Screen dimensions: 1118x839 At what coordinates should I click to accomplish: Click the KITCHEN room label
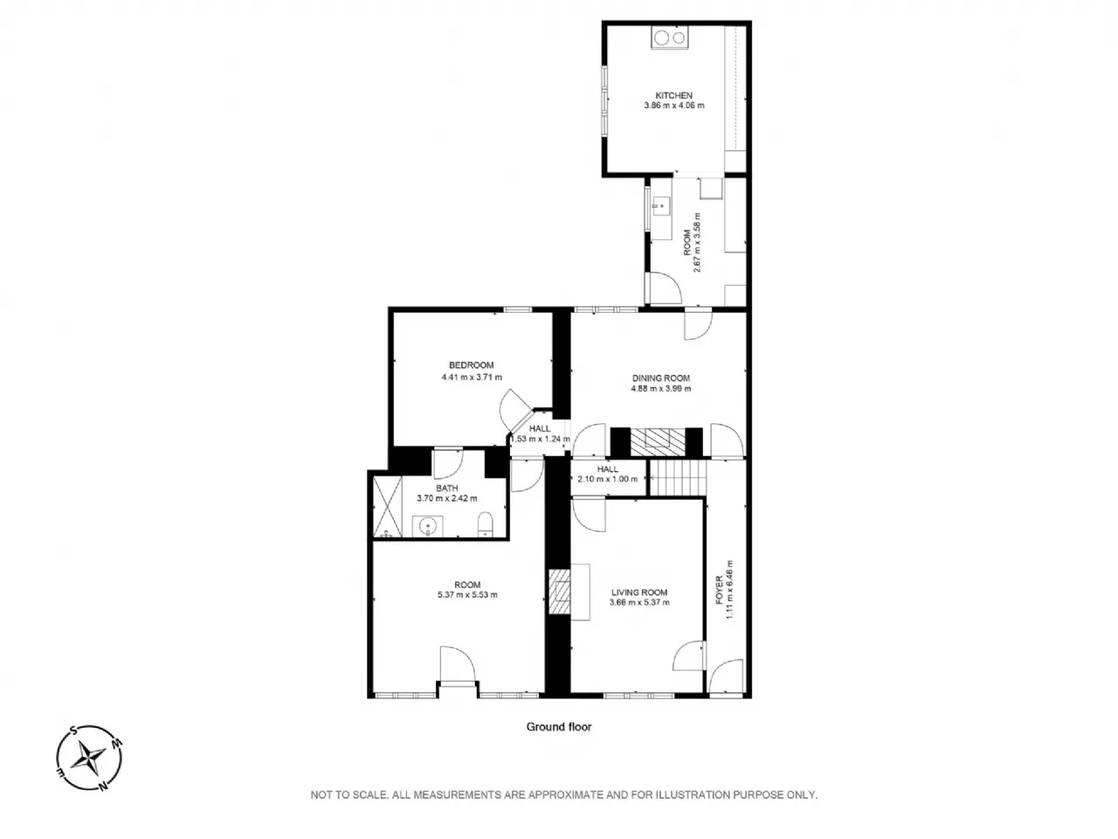pos(673,96)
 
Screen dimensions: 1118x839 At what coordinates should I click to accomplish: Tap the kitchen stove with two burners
pos(669,38)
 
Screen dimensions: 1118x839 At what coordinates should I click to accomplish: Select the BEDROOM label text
pos(471,365)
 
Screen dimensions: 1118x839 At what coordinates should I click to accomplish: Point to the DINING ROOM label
pos(660,378)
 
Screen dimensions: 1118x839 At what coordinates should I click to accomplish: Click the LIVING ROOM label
pos(639,593)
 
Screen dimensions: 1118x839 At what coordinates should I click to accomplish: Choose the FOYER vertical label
pos(719,590)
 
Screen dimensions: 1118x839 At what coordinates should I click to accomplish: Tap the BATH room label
pos(446,488)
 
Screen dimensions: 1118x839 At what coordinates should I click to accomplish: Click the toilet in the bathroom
pos(485,524)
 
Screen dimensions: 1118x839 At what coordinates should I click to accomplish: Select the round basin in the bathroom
pos(427,526)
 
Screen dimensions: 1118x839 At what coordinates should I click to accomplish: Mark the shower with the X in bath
pos(387,506)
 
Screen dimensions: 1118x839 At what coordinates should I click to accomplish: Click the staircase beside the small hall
pos(679,477)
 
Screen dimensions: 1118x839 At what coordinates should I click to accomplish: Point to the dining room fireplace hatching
pos(658,441)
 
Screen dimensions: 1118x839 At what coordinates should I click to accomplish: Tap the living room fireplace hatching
pos(559,592)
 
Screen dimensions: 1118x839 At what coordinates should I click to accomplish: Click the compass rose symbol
pos(90,758)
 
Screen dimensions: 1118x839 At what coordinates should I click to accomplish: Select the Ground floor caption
pos(559,727)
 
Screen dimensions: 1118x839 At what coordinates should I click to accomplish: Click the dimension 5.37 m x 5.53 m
pos(467,594)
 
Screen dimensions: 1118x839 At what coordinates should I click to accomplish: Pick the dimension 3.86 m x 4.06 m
pos(673,106)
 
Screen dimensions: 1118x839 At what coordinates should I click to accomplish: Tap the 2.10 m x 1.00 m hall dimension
pos(608,479)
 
